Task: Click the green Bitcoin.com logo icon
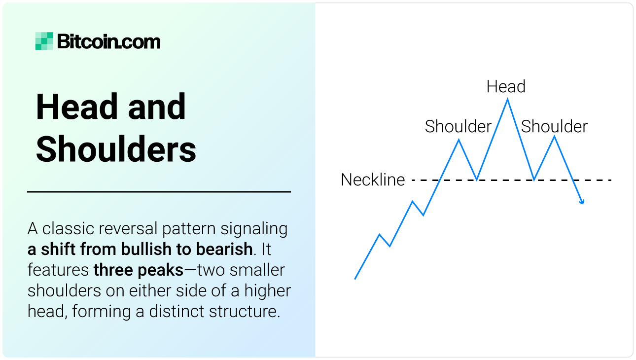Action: pos(44,41)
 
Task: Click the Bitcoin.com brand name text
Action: pos(108,42)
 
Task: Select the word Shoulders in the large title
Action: pos(116,149)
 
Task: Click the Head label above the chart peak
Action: pos(506,87)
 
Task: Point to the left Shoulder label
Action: pos(458,127)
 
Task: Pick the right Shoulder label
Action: pos(554,127)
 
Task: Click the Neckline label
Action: pos(373,180)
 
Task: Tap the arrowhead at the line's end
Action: pos(583,202)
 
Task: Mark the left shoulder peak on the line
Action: pos(459,140)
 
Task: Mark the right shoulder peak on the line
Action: pos(555,137)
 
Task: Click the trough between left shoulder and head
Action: pos(477,179)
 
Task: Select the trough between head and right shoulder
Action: pos(534,180)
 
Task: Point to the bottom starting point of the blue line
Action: pos(355,279)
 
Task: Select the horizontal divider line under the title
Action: pos(159,191)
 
